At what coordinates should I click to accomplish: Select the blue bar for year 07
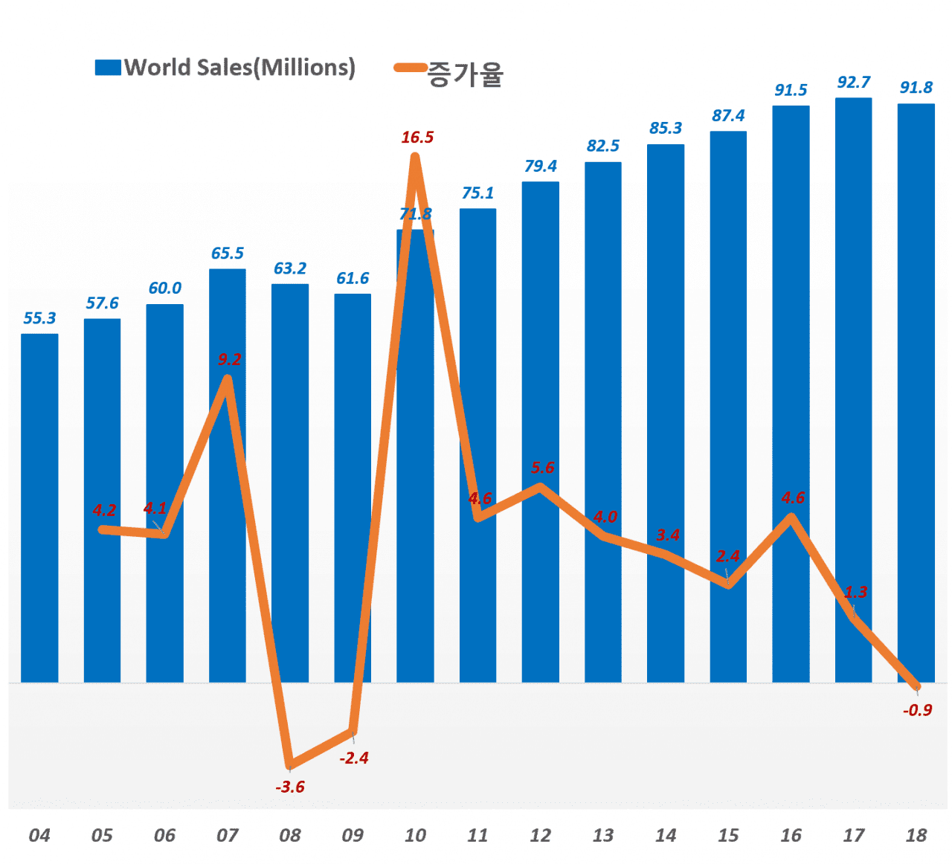pos(227,520)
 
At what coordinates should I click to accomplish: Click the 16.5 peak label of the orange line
pos(417,138)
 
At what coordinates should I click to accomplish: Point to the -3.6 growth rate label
pos(290,787)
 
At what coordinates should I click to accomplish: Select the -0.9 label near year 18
pos(917,710)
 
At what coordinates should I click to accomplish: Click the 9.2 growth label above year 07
pos(230,360)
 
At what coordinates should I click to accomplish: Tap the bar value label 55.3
pos(39,318)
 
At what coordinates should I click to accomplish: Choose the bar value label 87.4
pos(728,115)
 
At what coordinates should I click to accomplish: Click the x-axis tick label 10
pos(415,835)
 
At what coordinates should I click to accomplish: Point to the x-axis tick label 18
pos(916,835)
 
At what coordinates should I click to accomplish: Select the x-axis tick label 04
pos(39,835)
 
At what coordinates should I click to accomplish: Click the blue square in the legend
pos(108,68)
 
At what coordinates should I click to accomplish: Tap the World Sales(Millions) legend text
pos(239,68)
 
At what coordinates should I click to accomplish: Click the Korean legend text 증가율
pos(466,74)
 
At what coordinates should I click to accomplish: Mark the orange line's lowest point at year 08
pos(290,764)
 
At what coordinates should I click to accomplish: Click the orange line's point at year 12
pos(541,488)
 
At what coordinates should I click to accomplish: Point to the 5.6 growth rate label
pos(542,468)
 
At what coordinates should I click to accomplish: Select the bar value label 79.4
pos(541,166)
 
